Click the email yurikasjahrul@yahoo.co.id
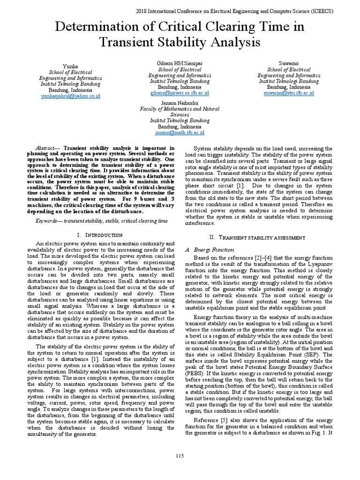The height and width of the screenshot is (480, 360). click(70, 96)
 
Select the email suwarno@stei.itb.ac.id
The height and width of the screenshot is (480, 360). click(289, 93)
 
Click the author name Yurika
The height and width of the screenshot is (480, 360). click(70, 67)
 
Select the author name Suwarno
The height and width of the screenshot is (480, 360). click(289, 63)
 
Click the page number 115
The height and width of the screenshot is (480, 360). click(180, 457)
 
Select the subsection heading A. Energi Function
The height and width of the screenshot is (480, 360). click(205, 250)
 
